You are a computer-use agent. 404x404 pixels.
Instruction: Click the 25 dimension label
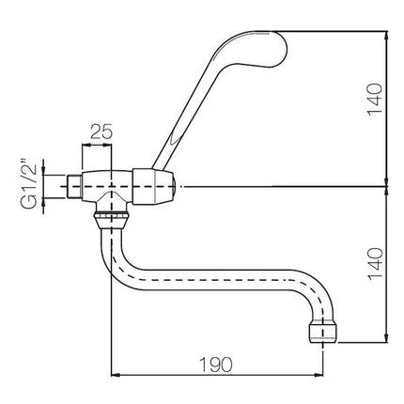(x=101, y=132)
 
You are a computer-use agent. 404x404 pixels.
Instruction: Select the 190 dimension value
(x=216, y=365)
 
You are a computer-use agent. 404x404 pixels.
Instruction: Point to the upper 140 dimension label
(x=375, y=100)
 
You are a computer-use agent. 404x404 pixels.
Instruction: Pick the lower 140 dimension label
(x=375, y=265)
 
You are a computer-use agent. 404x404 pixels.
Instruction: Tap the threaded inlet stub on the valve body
(x=74, y=187)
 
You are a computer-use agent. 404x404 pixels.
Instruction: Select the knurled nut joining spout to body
(x=111, y=216)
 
